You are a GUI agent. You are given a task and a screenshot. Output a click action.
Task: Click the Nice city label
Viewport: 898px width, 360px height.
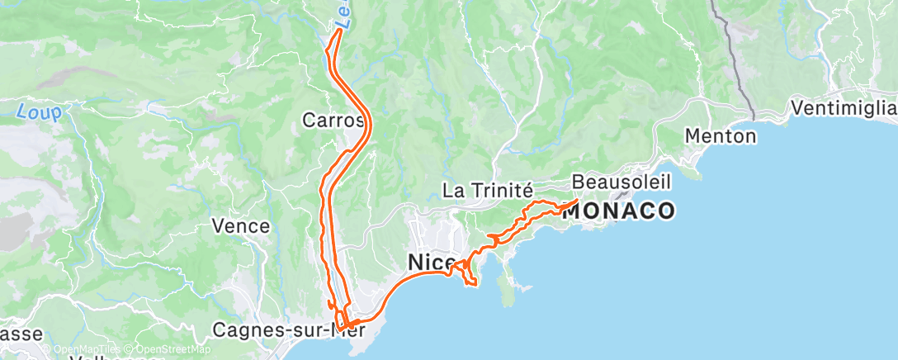coord(431,263)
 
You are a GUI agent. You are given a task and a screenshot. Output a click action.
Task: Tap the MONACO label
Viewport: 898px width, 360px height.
coord(618,211)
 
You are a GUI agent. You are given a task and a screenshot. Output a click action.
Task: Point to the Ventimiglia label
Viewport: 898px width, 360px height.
coord(842,108)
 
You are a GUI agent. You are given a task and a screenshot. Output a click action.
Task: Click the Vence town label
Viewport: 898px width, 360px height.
coord(241,225)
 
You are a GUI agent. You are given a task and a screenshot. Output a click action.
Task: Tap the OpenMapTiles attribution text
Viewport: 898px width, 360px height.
coord(87,350)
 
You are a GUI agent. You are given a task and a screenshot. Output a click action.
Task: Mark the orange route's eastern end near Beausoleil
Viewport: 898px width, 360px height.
coord(574,201)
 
